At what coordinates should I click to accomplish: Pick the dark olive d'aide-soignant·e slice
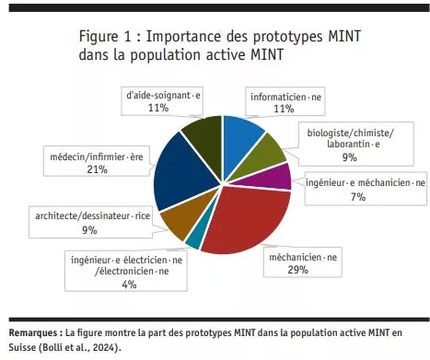pyautogui.click(x=202, y=132)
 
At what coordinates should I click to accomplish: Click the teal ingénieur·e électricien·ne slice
pyautogui.click(x=193, y=241)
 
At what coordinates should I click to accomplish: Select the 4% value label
pyautogui.click(x=128, y=285)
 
